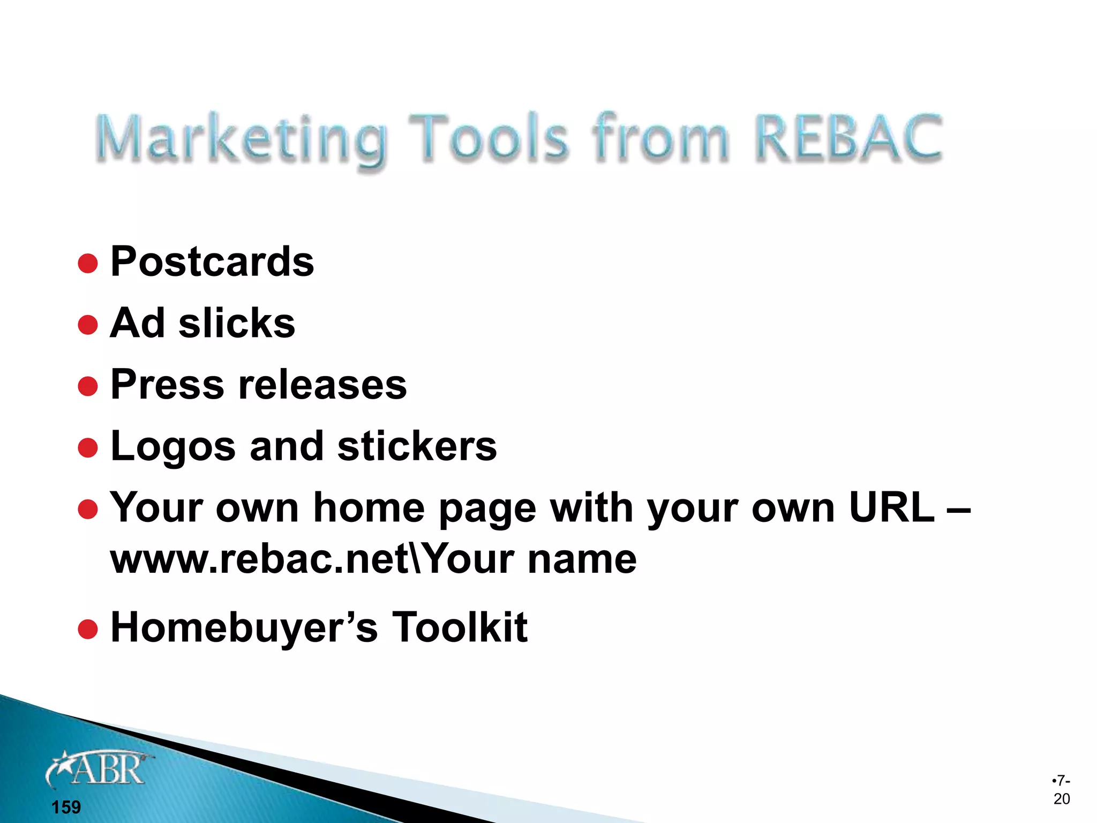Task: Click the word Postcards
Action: coord(212,261)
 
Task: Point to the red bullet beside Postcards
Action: coord(88,264)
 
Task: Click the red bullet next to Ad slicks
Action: coord(88,325)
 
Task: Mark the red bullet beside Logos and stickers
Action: coord(88,448)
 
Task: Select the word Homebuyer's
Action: coord(244,627)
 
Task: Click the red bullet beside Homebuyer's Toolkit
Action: coord(88,630)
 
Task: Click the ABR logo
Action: coord(100,769)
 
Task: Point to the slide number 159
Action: coord(66,807)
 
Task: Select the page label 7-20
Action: coord(1061,790)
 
